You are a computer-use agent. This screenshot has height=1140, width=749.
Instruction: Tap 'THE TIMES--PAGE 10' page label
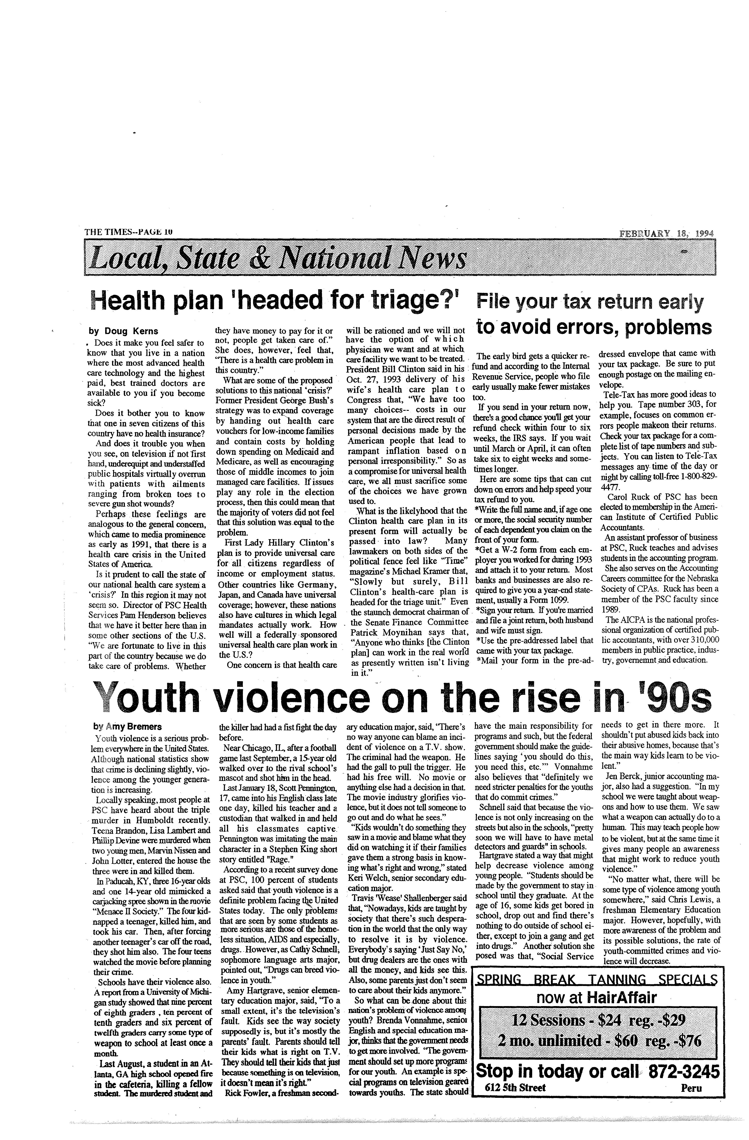coord(128,232)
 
